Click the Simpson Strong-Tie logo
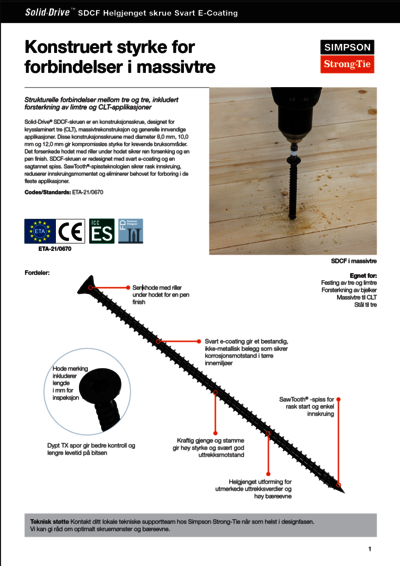(x=346, y=56)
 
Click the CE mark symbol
(x=72, y=233)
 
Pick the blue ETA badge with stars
(x=40, y=233)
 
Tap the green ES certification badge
(x=102, y=233)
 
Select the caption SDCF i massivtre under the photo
(x=353, y=260)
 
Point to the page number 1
(x=369, y=548)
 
